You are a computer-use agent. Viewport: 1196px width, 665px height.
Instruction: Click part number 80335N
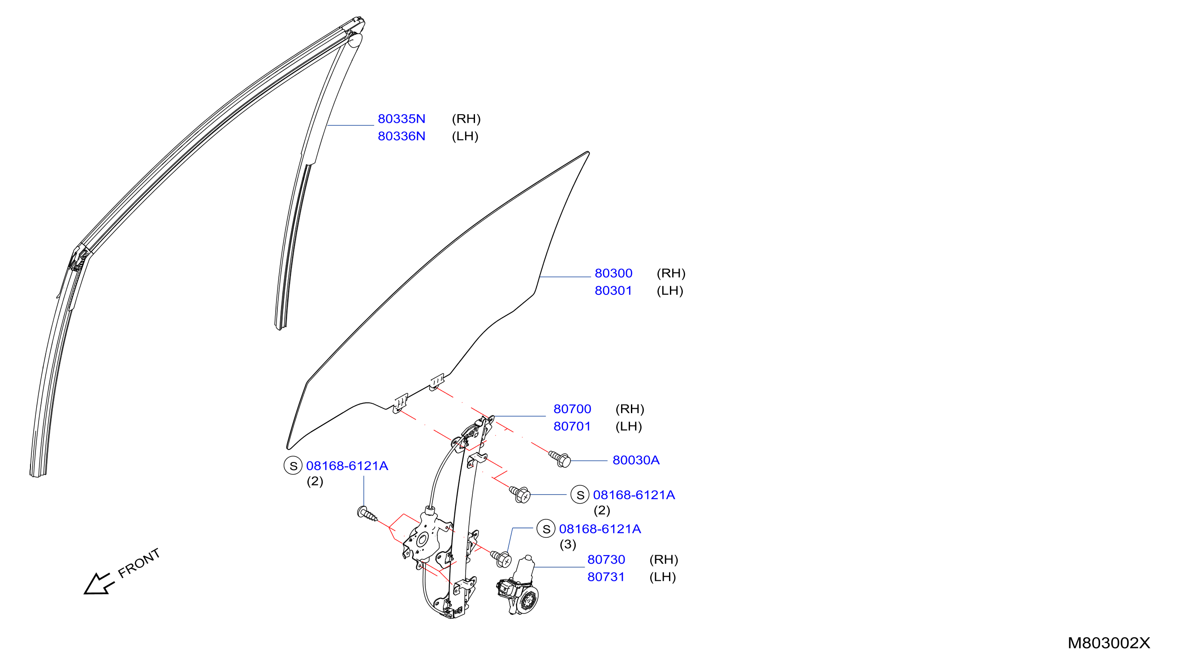[401, 119]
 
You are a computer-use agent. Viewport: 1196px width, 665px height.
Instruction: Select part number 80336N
[401, 136]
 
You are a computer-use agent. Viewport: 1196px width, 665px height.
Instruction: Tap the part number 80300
[613, 273]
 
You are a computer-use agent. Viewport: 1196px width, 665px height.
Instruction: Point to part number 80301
[613, 291]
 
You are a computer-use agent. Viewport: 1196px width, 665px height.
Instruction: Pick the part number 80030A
[635, 460]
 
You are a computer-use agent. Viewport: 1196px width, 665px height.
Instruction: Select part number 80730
[606, 560]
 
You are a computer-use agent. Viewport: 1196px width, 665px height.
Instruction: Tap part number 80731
[606, 577]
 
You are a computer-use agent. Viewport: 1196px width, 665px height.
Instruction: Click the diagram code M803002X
[1109, 643]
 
